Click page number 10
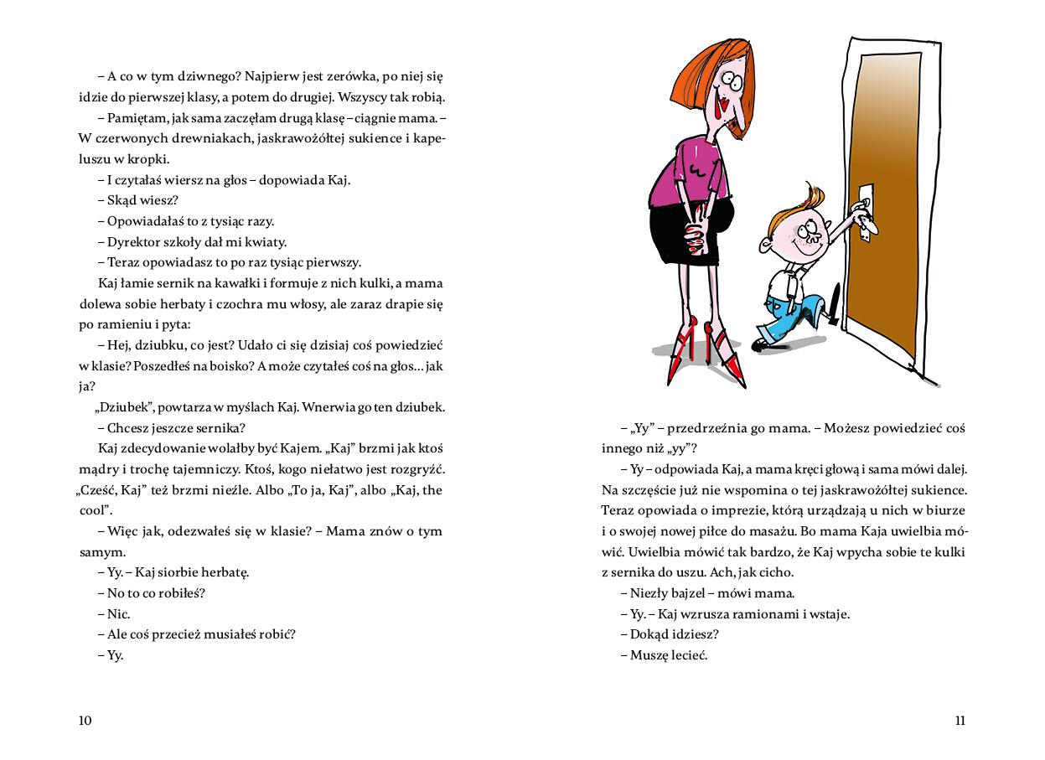click(85, 721)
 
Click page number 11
click(960, 721)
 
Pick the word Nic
click(119, 614)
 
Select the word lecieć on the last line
click(689, 655)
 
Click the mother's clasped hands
click(695, 239)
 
